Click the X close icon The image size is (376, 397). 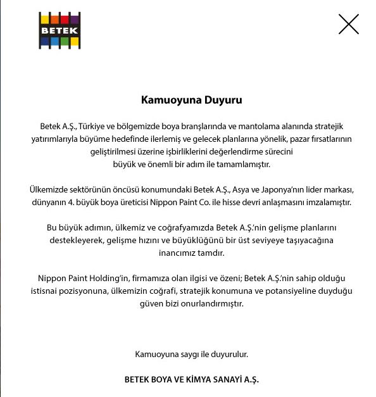click(349, 24)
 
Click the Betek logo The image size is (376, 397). click(60, 30)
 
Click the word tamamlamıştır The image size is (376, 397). click(242, 165)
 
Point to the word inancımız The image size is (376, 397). click(174, 253)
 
